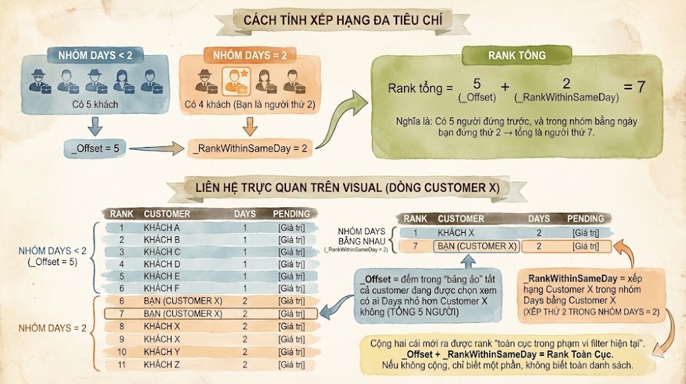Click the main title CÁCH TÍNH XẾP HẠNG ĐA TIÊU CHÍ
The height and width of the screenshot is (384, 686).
coord(342,20)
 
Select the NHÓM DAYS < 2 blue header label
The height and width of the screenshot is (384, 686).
coord(95,56)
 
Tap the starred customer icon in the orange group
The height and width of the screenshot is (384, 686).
coord(236,81)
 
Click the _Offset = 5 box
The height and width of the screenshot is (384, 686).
coord(95,149)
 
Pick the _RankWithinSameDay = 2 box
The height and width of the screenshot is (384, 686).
coord(250,149)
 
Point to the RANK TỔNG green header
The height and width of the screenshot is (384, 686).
coord(517,56)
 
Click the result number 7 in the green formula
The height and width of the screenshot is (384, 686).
coord(641,87)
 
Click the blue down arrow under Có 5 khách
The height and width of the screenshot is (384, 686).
coord(95,126)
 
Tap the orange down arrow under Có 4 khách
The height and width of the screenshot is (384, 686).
coord(250,126)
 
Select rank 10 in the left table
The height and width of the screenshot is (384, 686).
coord(121,352)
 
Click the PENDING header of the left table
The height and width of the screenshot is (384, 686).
coord(292,214)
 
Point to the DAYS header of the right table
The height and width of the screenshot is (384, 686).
coord(539,218)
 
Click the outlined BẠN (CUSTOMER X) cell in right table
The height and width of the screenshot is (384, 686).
coord(477,247)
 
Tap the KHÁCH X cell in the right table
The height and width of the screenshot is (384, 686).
coord(456,233)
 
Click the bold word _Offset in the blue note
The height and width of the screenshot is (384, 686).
coord(375,280)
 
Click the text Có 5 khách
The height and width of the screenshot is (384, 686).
coord(95,104)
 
